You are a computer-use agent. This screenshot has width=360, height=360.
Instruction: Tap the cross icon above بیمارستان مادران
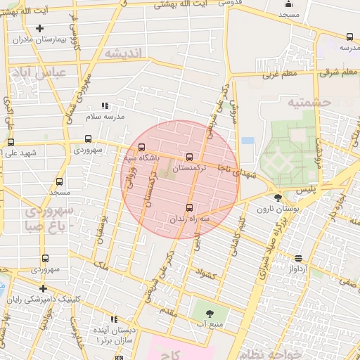39,29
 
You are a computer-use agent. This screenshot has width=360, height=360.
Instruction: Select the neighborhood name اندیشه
123,53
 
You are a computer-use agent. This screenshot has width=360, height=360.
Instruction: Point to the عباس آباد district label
36,72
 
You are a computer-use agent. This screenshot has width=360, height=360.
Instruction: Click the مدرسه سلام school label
105,117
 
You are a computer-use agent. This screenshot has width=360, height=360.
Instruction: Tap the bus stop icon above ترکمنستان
189,157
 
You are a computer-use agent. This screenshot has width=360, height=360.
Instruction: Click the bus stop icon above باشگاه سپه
143,148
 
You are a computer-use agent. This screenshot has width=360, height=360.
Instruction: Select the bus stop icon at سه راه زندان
189,207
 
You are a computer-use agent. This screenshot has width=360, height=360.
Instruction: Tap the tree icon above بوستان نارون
278,198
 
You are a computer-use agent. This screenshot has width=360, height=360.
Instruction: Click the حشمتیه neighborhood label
309,103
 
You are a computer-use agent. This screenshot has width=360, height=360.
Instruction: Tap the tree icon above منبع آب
210,313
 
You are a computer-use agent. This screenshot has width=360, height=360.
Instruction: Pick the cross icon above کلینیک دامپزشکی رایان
44,288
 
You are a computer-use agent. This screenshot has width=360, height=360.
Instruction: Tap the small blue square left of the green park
247,141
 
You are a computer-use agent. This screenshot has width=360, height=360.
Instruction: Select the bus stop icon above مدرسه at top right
349,37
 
